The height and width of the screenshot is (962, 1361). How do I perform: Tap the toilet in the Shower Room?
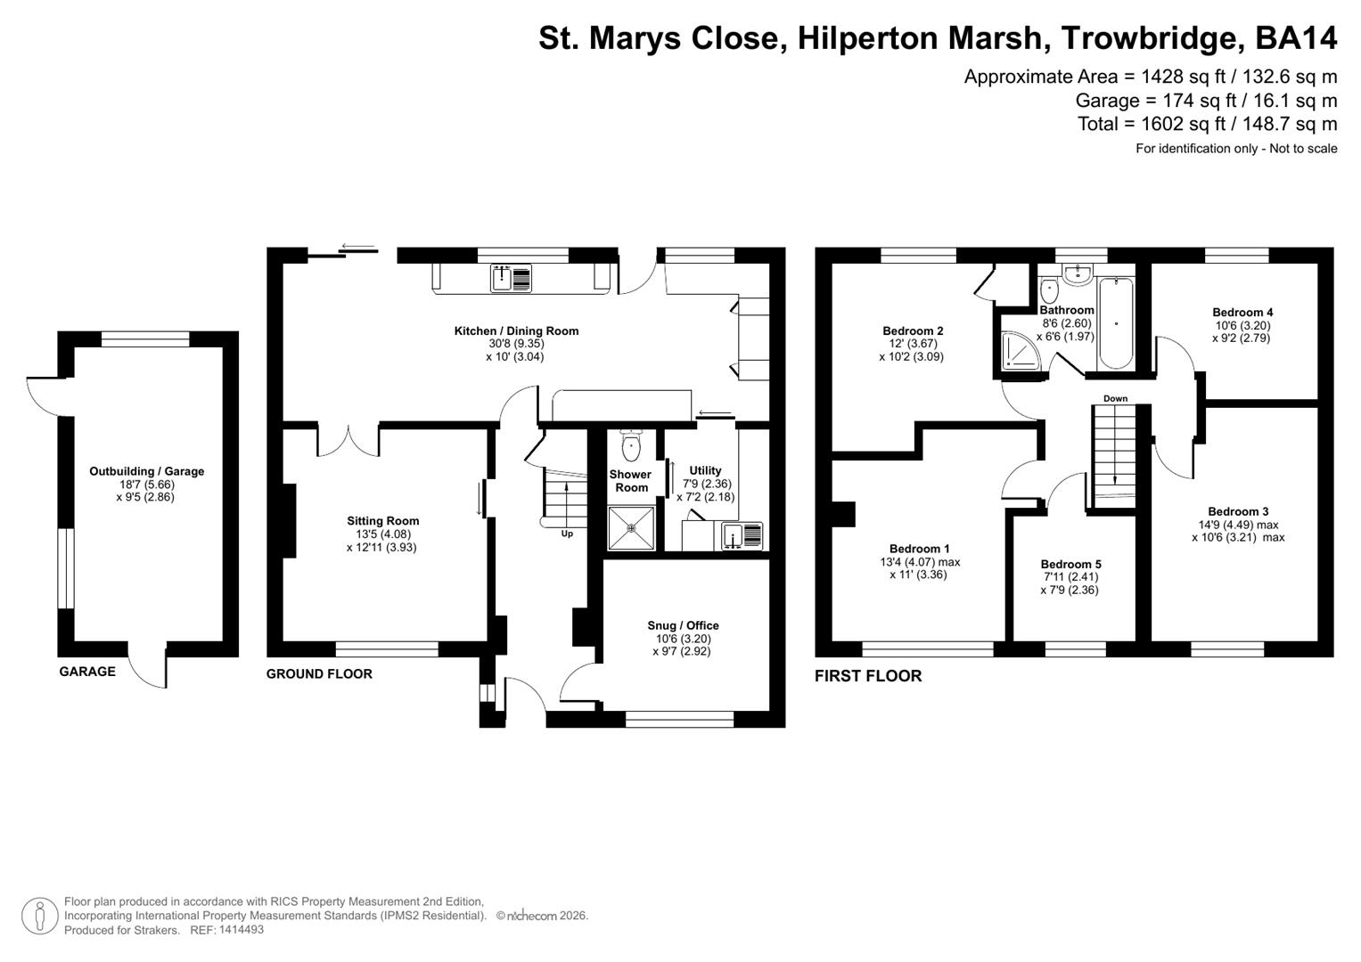pyautogui.click(x=631, y=444)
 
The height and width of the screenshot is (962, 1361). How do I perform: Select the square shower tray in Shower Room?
pyautogui.click(x=632, y=527)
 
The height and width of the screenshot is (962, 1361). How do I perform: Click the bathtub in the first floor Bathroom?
pyautogui.click(x=1116, y=323)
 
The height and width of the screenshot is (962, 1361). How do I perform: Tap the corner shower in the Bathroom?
pyautogui.click(x=1017, y=351)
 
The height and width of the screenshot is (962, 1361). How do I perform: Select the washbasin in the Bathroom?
pyautogui.click(x=1078, y=273)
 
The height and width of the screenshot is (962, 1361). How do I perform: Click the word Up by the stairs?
pyautogui.click(x=567, y=534)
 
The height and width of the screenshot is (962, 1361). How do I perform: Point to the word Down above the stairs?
pyautogui.click(x=1115, y=398)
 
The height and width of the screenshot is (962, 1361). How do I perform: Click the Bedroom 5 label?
pyautogui.click(x=1070, y=564)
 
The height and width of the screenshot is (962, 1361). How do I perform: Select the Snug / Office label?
pyautogui.click(x=683, y=625)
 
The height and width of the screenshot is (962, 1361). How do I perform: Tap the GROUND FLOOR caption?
pyautogui.click(x=319, y=674)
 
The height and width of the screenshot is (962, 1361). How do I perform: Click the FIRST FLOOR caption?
pyautogui.click(x=867, y=676)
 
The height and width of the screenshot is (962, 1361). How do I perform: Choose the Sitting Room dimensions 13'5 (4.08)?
pyautogui.click(x=382, y=534)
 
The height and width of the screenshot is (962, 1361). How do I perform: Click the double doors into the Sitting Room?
pyautogui.click(x=348, y=439)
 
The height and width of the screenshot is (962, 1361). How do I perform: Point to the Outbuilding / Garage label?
pyautogui.click(x=146, y=471)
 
